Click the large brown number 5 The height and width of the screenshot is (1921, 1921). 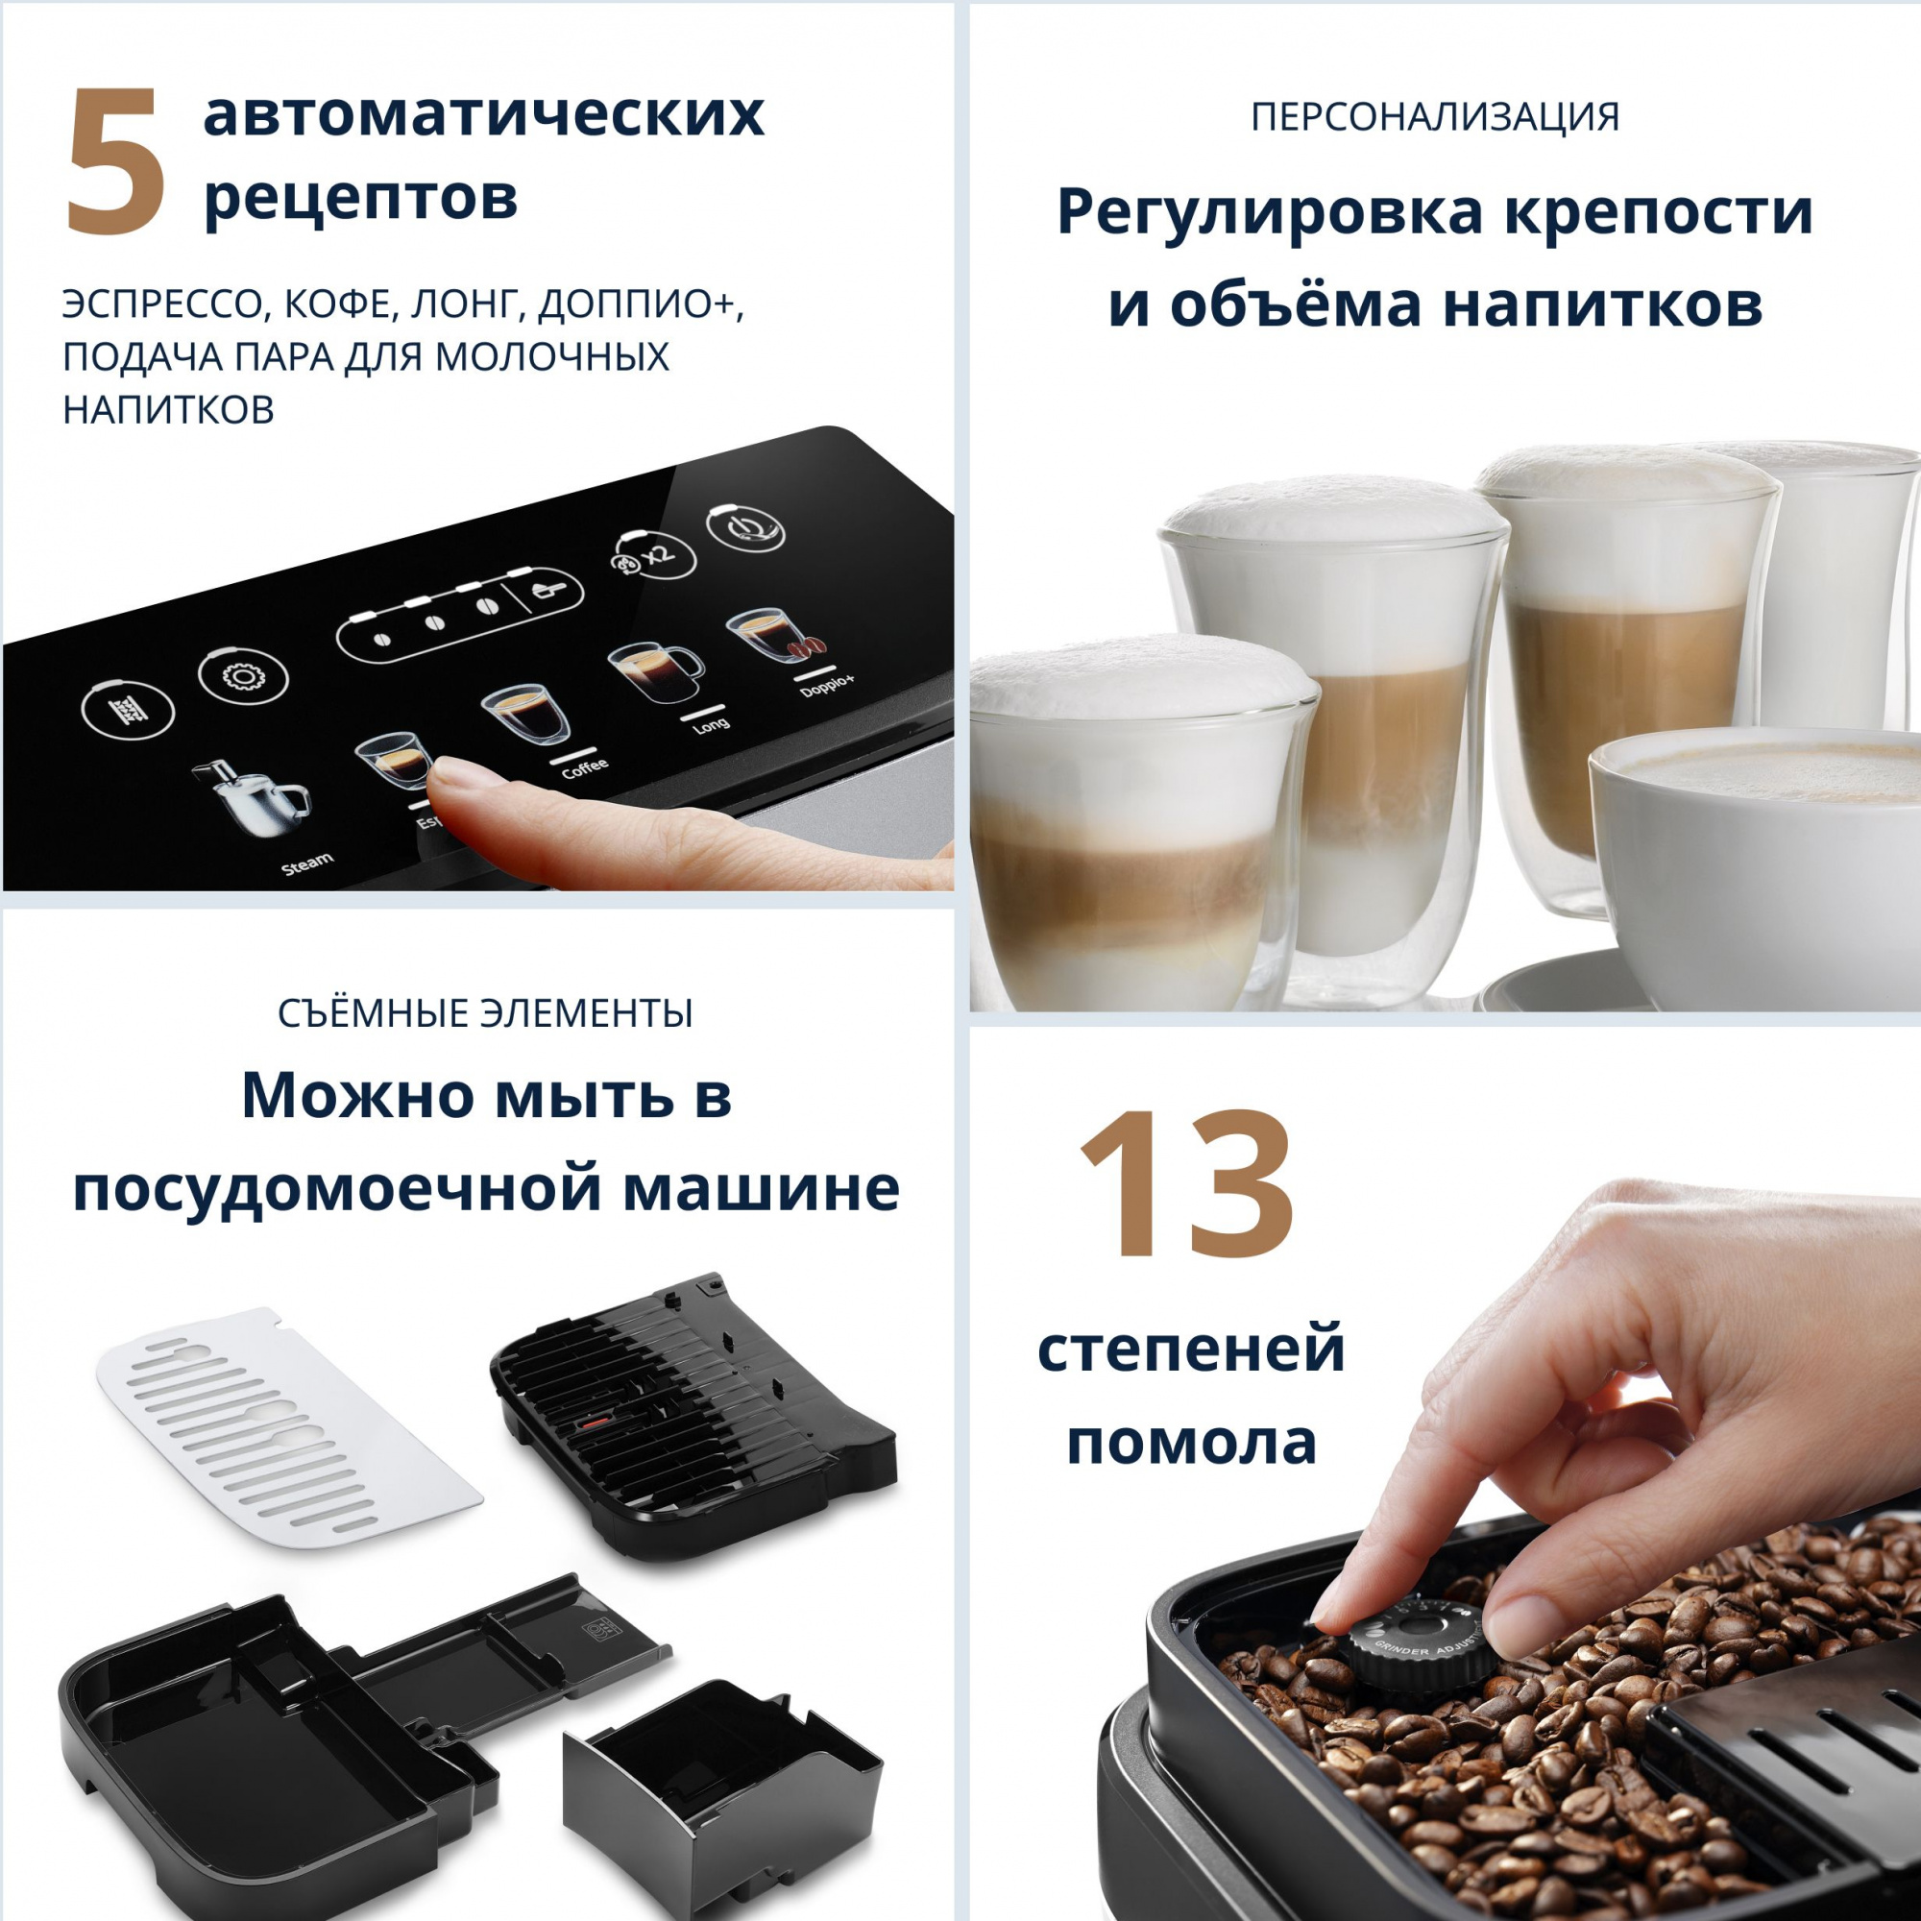point(115,162)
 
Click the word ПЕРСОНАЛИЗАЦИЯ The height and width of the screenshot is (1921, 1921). point(1435,117)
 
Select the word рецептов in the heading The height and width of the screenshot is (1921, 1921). point(360,199)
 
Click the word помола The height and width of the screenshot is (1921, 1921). point(1191,1443)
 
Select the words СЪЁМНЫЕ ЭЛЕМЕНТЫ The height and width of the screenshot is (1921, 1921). point(485,1013)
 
